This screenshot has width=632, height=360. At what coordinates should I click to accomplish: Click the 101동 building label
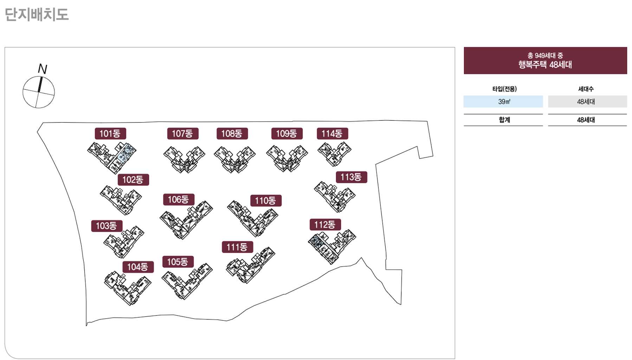click(110, 134)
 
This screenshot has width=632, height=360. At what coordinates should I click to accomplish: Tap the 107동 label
click(182, 134)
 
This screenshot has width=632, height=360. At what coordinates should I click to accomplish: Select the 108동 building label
click(232, 134)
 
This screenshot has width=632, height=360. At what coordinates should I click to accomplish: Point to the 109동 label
click(286, 134)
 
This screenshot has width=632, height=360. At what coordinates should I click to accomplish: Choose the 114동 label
click(332, 134)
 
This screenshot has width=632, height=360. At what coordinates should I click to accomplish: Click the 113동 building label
click(351, 177)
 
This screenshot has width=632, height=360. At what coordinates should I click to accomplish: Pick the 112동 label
click(325, 225)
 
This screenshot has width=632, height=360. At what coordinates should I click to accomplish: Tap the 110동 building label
click(265, 201)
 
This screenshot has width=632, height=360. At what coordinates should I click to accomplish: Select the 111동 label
click(237, 247)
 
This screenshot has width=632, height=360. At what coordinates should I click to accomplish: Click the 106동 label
click(179, 200)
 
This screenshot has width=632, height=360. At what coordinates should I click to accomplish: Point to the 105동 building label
click(178, 262)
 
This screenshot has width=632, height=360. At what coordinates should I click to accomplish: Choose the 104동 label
click(138, 267)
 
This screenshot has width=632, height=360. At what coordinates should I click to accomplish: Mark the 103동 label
click(107, 226)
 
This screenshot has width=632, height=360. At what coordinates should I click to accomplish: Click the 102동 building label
click(133, 180)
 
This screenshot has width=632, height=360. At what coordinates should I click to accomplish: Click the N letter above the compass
click(43, 69)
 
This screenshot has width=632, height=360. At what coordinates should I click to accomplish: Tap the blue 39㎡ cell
click(503, 102)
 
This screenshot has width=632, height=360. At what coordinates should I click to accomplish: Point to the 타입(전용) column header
click(504, 89)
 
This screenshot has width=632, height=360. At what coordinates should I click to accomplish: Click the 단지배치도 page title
click(37, 15)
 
